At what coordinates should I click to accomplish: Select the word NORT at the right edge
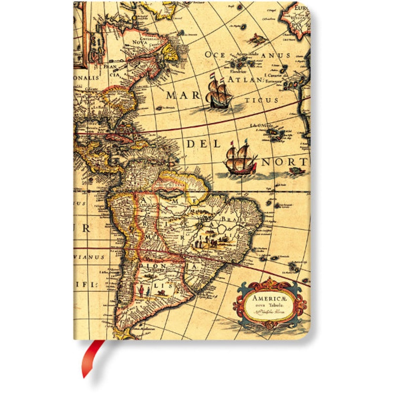point(286,162)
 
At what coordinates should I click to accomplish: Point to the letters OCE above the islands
point(217,55)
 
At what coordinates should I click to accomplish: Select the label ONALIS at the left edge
point(85,78)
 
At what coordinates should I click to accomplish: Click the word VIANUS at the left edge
point(89,257)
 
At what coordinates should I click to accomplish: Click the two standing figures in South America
point(143,291)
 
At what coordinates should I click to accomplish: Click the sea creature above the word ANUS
point(258,38)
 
